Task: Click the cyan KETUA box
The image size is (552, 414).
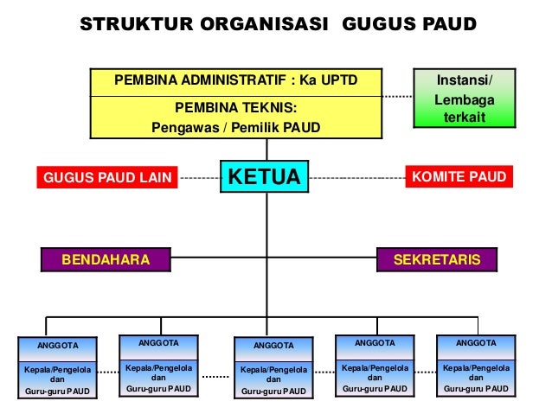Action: point(264,176)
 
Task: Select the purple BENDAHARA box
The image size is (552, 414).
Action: point(105,259)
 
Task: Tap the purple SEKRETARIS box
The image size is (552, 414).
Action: point(437,259)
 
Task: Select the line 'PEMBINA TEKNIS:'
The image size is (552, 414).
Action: point(236,109)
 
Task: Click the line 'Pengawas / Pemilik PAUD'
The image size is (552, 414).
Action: point(236,128)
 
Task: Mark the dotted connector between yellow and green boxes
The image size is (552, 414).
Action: point(396,97)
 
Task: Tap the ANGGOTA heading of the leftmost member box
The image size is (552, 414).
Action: point(57,346)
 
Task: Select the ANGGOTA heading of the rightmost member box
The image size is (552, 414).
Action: point(476,343)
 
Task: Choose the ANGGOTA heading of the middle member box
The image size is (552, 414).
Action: point(273,346)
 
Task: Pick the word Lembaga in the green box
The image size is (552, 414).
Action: point(465,99)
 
